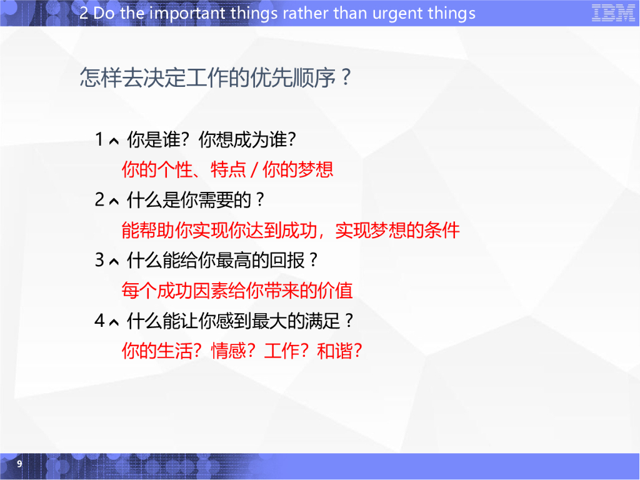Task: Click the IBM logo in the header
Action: click(612, 13)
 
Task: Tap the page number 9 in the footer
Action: click(19, 464)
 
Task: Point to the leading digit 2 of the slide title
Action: click(84, 13)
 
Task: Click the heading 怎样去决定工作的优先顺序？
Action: click(216, 78)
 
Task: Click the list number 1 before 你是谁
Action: click(99, 139)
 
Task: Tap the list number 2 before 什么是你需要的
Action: click(99, 200)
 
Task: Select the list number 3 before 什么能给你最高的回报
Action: click(99, 260)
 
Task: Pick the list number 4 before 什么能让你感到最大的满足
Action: click(99, 321)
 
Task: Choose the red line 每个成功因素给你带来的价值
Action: click(237, 290)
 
